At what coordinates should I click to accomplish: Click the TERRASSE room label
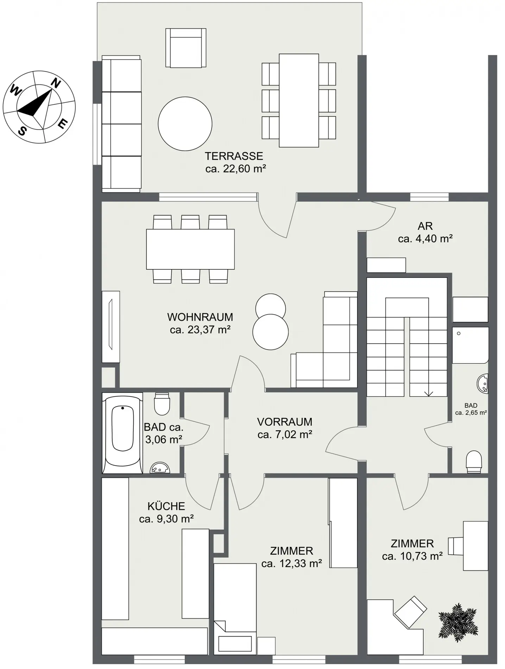click(234, 156)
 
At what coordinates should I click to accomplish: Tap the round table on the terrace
click(185, 124)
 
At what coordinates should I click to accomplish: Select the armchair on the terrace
click(186, 48)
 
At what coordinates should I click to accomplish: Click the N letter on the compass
click(56, 83)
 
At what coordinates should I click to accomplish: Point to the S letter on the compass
click(22, 131)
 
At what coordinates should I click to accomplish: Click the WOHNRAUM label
click(200, 317)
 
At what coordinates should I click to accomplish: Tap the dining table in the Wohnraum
click(190, 249)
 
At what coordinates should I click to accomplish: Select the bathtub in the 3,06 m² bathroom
click(122, 433)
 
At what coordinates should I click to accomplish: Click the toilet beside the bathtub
click(162, 404)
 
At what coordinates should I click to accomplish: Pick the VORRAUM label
click(285, 422)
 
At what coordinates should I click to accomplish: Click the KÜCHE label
click(166, 506)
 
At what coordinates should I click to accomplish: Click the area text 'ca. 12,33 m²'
click(292, 564)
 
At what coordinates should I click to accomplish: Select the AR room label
click(425, 226)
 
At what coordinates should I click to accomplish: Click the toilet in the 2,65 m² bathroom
click(474, 462)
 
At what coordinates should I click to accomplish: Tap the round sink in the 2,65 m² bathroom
click(483, 383)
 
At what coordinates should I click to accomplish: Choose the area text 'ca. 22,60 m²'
click(235, 169)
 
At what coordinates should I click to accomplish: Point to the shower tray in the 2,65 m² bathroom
click(471, 345)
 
